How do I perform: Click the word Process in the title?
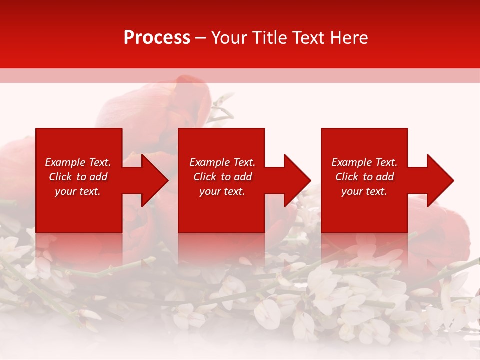pyautogui.click(x=157, y=38)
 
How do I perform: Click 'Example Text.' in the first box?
pyautogui.click(x=78, y=162)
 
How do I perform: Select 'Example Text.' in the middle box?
pyautogui.click(x=222, y=162)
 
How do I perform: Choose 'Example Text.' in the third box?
pyautogui.click(x=364, y=162)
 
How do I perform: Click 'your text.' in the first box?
pyautogui.click(x=78, y=191)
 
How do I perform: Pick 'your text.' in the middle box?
pyautogui.click(x=222, y=191)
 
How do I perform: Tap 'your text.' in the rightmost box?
pyautogui.click(x=364, y=191)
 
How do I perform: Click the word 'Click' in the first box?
pyautogui.click(x=60, y=177)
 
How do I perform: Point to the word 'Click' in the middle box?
pyautogui.click(x=205, y=177)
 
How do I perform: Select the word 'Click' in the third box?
pyautogui.click(x=347, y=177)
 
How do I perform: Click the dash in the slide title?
pyautogui.click(x=200, y=38)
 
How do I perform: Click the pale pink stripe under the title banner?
pyautogui.click(x=240, y=76)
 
